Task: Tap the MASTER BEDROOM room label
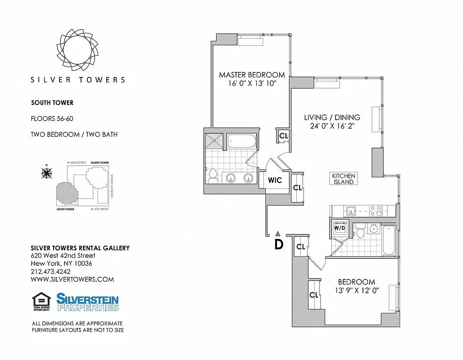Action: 252,75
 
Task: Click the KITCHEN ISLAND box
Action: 344,179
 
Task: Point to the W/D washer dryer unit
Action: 339,227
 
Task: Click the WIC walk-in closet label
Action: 275,180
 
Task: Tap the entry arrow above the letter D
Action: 278,234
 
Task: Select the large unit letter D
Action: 279,244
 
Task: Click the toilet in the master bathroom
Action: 213,175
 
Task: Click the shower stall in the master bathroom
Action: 214,141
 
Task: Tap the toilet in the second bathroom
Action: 360,231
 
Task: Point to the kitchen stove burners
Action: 376,210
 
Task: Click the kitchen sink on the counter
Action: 350,210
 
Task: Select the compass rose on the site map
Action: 46,172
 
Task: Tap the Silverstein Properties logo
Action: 87,302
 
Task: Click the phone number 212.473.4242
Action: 50,271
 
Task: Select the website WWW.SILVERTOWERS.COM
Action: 72,279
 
